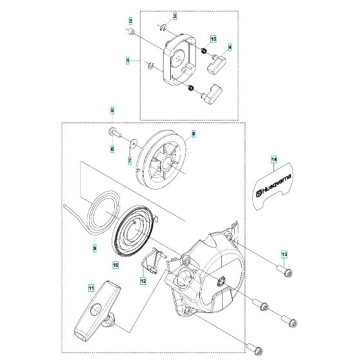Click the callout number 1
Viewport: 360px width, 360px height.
(128, 60)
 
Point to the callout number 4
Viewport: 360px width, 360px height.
(230, 46)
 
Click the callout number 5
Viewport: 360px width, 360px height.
(112, 111)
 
